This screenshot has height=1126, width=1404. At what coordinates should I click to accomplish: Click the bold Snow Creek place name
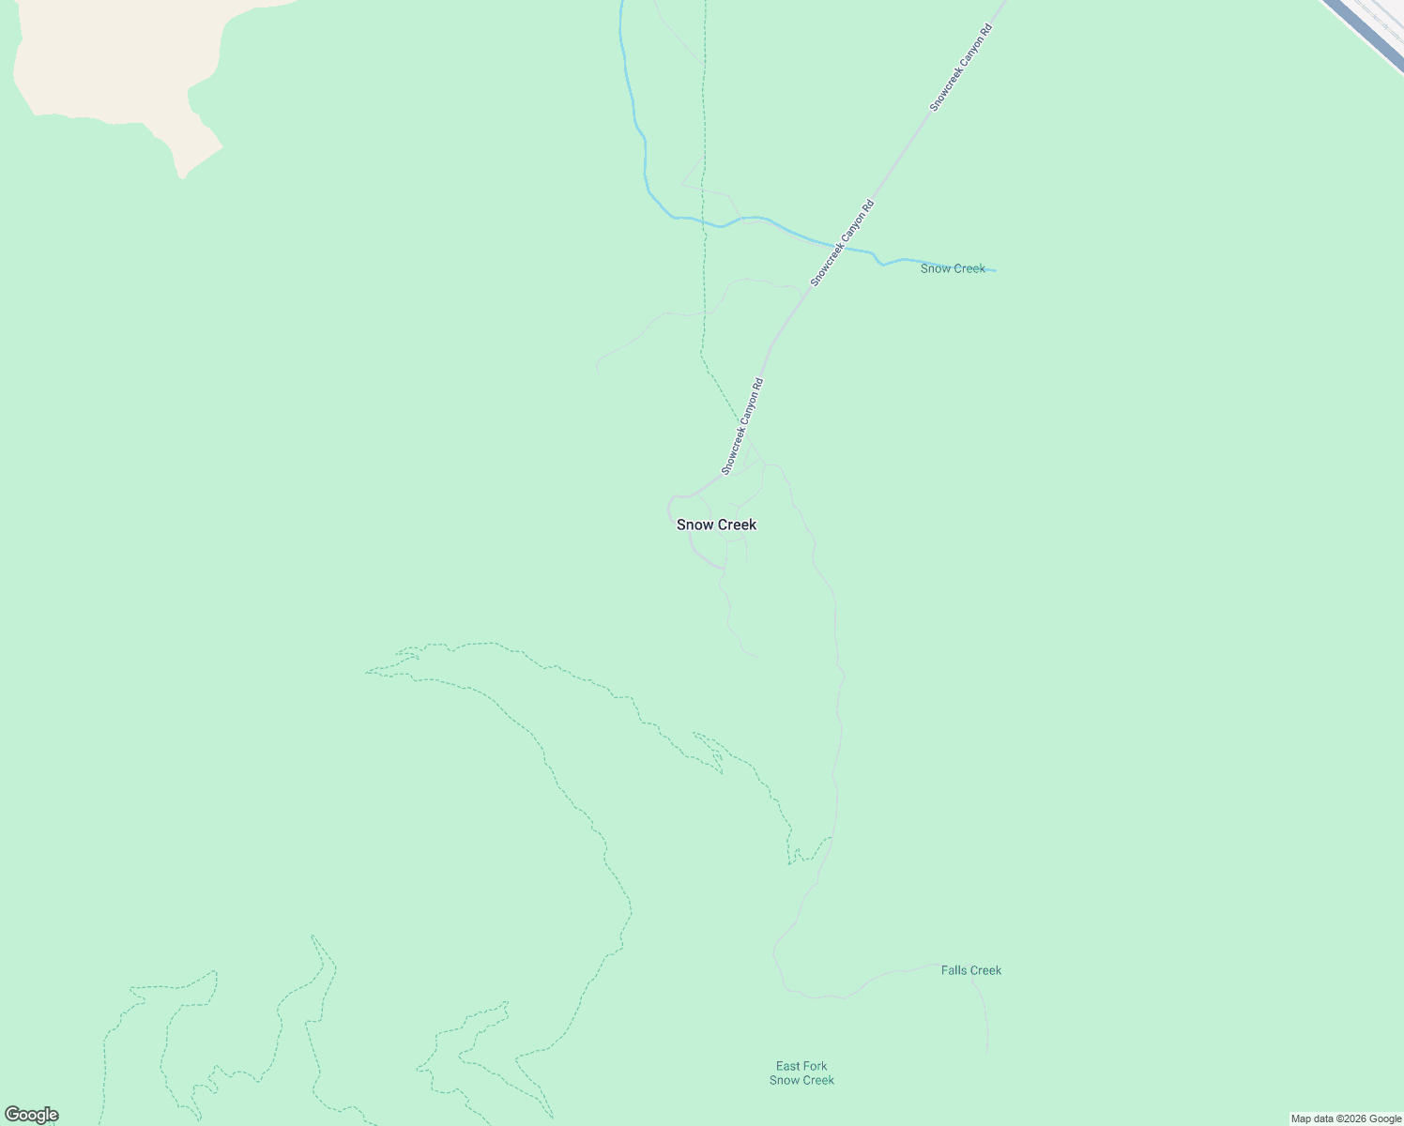pyautogui.click(x=716, y=525)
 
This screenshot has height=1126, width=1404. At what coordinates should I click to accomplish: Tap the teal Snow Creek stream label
pyautogui.click(x=953, y=268)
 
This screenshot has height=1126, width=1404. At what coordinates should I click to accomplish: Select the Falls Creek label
pyautogui.click(x=971, y=970)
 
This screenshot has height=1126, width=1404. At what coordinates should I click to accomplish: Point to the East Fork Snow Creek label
pyautogui.click(x=801, y=1073)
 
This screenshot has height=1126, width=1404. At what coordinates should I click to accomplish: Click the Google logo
pyautogui.click(x=31, y=1115)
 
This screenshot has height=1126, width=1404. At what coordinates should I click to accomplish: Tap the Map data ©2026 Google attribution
pyautogui.click(x=1346, y=1118)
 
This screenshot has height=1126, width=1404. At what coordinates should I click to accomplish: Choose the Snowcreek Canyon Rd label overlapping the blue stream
pyautogui.click(x=843, y=243)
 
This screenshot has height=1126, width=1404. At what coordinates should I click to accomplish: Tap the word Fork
pyautogui.click(x=815, y=1066)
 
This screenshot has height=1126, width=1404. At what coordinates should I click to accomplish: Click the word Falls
pyautogui.click(x=955, y=970)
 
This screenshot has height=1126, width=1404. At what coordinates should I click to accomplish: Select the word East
pyautogui.click(x=788, y=1066)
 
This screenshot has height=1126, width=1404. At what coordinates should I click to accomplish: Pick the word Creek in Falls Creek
pyautogui.click(x=985, y=970)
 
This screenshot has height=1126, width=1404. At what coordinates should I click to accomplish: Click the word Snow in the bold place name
pyautogui.click(x=695, y=525)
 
